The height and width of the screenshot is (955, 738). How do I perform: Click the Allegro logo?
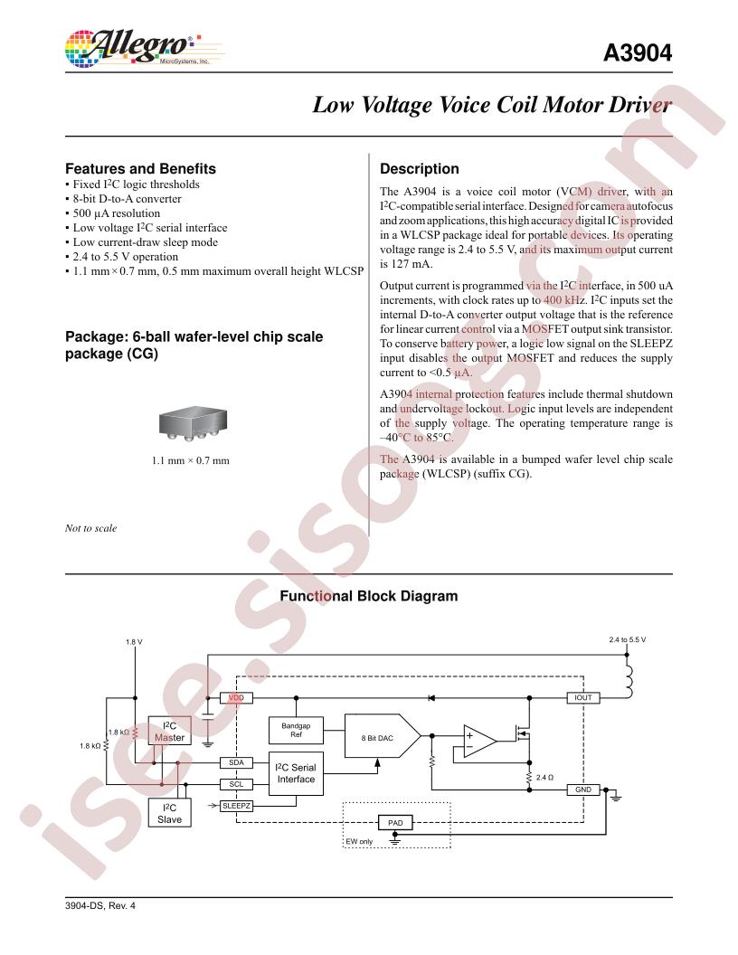coord(145,49)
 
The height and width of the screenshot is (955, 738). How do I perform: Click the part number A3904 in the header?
coord(638,53)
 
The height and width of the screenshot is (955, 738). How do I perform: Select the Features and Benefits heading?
coord(141,169)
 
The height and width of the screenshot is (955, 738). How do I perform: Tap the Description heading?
coord(420,169)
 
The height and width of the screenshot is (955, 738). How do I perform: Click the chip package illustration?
coord(193,424)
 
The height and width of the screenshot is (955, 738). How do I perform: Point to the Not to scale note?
coord(90,528)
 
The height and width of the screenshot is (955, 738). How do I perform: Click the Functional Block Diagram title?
coord(369,596)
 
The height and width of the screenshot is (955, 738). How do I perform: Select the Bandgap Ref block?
coord(296,730)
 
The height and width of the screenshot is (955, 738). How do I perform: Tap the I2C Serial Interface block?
coord(296,773)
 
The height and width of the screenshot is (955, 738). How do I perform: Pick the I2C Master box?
coord(170,731)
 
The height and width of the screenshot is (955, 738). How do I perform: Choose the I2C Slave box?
coord(170,813)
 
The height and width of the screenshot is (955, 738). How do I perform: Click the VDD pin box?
coord(236,698)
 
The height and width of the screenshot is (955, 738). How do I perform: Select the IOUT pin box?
coord(583,698)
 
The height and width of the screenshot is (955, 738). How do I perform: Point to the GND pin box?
coord(583,790)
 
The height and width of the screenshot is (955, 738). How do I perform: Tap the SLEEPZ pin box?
coord(236,806)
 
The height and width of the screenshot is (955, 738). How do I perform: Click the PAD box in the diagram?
coord(395,823)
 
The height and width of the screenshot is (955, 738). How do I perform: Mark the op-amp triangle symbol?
coord(478,742)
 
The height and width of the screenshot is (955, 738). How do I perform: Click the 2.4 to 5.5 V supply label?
coord(627,640)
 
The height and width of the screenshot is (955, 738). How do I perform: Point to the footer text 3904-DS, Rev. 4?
coord(99,905)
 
